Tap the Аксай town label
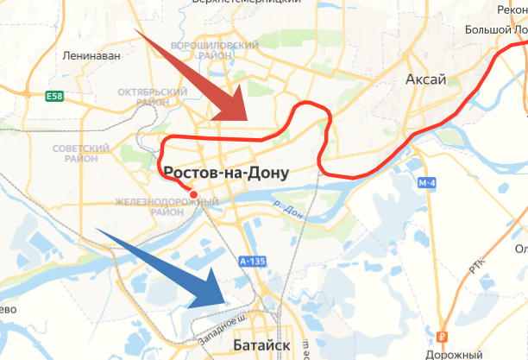coord(425,80)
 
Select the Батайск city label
coord(261,346)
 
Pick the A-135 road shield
coord(252,261)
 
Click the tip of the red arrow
coord(250,117)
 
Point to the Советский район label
coord(81,155)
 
